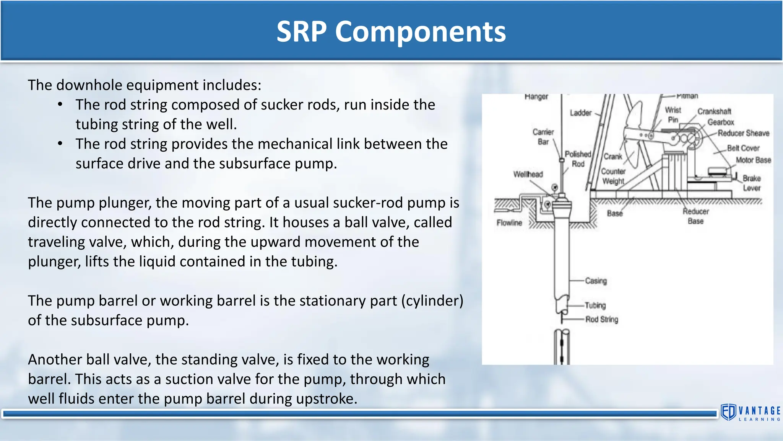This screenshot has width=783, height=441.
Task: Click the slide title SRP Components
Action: (391, 31)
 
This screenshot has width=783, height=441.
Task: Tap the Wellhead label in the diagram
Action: (528, 174)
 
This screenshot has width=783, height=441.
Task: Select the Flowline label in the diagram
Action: (509, 223)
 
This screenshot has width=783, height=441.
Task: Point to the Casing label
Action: (596, 281)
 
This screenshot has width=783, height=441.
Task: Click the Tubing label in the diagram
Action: (595, 305)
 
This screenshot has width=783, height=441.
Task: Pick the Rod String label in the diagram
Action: (602, 319)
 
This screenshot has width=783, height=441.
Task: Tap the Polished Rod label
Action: (578, 159)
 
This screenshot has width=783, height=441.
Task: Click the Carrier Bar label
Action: (543, 137)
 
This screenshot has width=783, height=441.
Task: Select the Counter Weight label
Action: (613, 176)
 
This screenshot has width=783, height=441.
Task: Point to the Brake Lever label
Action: (752, 183)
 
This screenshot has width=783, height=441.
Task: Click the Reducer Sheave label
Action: (743, 133)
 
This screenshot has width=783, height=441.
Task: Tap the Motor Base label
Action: (753, 160)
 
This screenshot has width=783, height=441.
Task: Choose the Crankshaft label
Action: (714, 111)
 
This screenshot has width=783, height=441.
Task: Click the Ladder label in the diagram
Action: (580, 113)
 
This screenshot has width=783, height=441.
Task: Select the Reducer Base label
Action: (696, 216)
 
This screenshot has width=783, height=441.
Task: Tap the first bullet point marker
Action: (60, 105)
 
